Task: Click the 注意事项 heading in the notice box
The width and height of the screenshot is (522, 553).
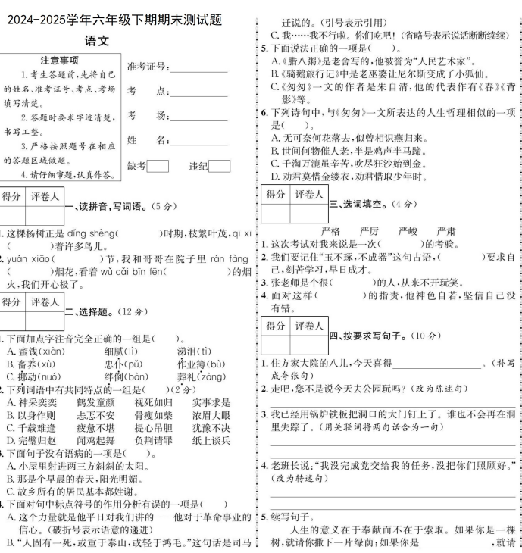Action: (60, 61)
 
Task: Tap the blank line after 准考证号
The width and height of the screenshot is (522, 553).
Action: (199, 68)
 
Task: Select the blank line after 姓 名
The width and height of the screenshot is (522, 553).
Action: (199, 142)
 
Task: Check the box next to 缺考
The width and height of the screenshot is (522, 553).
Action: (158, 166)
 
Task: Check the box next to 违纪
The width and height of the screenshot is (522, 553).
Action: (219, 166)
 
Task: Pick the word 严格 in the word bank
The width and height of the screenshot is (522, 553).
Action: (332, 230)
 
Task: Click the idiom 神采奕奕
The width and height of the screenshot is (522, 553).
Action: (31, 403)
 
